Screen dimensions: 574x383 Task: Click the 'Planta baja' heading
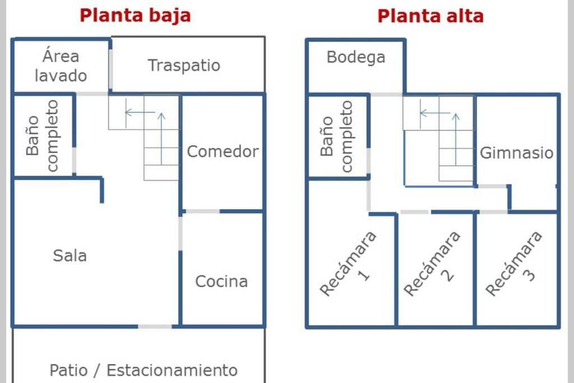(x=135, y=16)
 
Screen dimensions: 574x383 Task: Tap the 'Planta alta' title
(x=430, y=16)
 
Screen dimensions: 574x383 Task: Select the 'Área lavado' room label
(x=61, y=66)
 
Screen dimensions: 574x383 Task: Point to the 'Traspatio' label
(x=184, y=65)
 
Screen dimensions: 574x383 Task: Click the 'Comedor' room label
(x=223, y=151)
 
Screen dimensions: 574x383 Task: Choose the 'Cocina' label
(x=221, y=281)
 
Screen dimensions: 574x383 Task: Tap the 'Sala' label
(x=70, y=256)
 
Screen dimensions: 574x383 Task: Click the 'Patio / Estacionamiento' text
(x=143, y=370)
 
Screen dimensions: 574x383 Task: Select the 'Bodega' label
(x=356, y=58)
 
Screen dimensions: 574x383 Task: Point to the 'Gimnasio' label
(x=516, y=153)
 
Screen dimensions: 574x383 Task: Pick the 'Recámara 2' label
(x=433, y=264)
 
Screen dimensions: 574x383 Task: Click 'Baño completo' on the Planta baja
(x=42, y=136)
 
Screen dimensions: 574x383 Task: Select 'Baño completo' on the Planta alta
(x=336, y=136)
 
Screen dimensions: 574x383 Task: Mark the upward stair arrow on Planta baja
(x=161, y=139)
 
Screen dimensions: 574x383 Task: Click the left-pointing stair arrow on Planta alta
(x=435, y=113)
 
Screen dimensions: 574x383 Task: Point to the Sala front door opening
(x=155, y=326)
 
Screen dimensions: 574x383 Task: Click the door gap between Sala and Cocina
(x=180, y=234)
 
